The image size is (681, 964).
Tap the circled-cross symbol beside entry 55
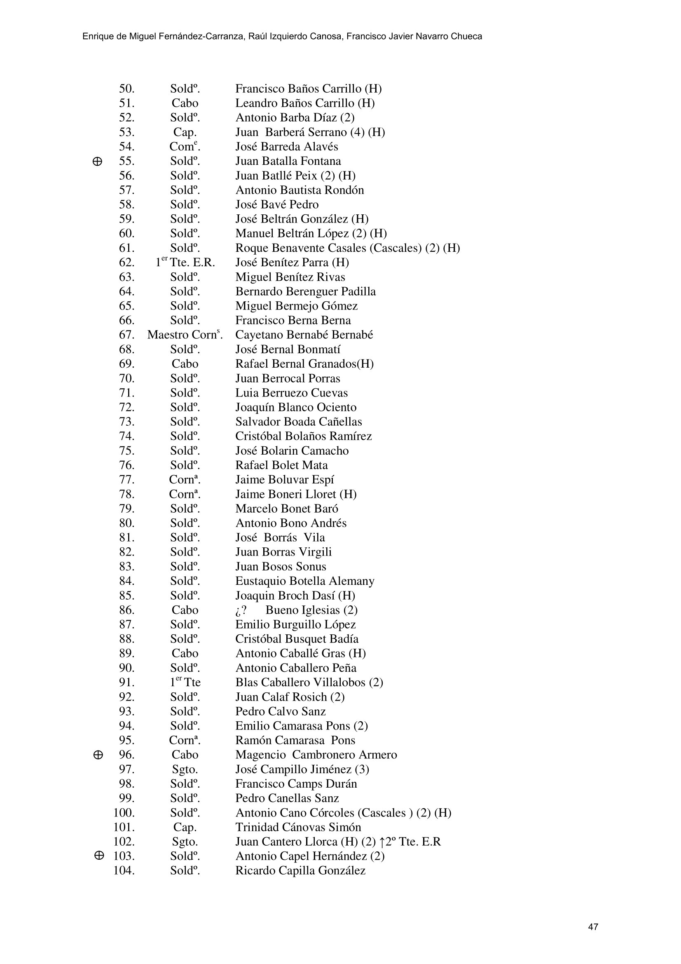click(x=97, y=162)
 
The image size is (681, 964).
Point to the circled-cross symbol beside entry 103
click(x=98, y=856)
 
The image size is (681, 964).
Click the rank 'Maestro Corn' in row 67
click(x=185, y=335)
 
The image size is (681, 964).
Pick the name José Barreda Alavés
click(x=287, y=147)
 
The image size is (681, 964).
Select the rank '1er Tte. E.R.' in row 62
click(x=185, y=263)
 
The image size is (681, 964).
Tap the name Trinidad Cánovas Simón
click(x=298, y=827)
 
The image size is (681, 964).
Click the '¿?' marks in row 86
click(x=241, y=610)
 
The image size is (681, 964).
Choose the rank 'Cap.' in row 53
click(x=185, y=132)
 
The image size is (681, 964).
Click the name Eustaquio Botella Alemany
click(x=304, y=581)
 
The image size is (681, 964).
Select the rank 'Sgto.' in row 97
click(x=185, y=769)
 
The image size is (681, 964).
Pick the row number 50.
click(x=127, y=89)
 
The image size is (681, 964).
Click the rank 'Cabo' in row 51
click(x=185, y=103)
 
